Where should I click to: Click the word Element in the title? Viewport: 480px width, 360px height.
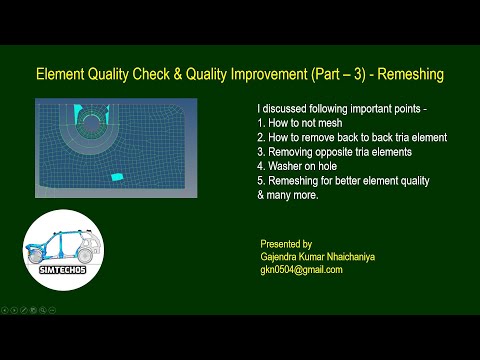click(62, 75)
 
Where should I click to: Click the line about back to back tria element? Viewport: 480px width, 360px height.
click(351, 137)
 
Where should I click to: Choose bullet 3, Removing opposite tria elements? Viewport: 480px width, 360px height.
click(337, 152)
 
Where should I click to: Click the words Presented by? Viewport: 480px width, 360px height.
click(286, 243)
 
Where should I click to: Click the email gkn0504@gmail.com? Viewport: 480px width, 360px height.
click(301, 269)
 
